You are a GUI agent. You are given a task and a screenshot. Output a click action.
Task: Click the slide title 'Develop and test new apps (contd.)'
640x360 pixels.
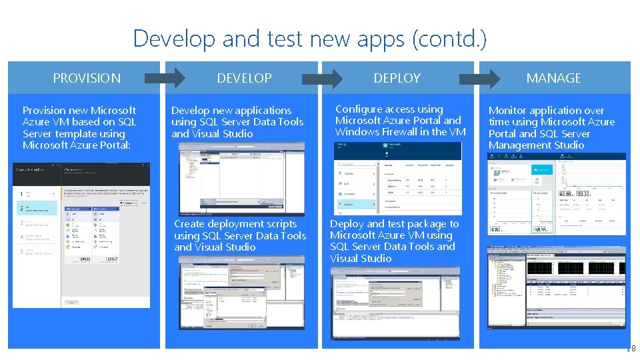coord(310,38)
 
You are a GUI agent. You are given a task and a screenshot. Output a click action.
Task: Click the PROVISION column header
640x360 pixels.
coord(87,78)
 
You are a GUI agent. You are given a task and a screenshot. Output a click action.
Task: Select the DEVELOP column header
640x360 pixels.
coord(244,78)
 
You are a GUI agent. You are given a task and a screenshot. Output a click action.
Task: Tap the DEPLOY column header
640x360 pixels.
coord(397,78)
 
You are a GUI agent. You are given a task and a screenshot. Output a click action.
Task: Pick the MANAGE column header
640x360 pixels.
coord(553,78)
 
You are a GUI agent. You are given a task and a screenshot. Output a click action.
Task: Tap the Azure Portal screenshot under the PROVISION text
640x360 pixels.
coord(81,235)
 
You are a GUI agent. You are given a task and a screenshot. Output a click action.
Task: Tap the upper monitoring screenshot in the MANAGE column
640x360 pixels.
coord(557,194)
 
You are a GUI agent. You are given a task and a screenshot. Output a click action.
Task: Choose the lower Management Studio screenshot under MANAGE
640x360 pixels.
coord(557,287)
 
